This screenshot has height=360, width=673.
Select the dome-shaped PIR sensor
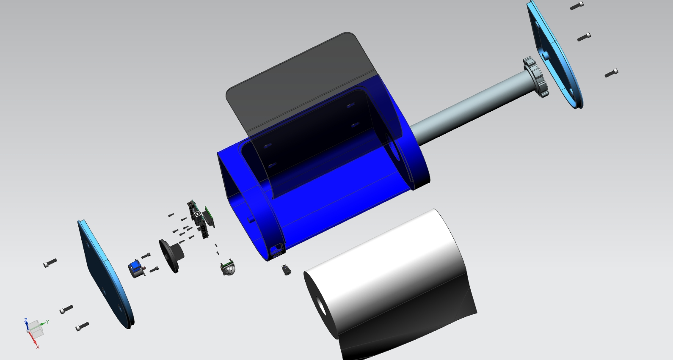(x=229, y=269)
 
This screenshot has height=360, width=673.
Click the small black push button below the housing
(x=287, y=270)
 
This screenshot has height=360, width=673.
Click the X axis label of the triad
(x=38, y=347)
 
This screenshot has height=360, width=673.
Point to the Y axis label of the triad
(x=48, y=322)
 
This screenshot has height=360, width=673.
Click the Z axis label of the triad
(x=26, y=320)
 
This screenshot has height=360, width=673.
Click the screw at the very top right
(x=576, y=6)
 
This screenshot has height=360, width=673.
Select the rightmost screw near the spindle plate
(x=611, y=73)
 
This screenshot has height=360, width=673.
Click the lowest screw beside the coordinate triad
(x=82, y=326)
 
